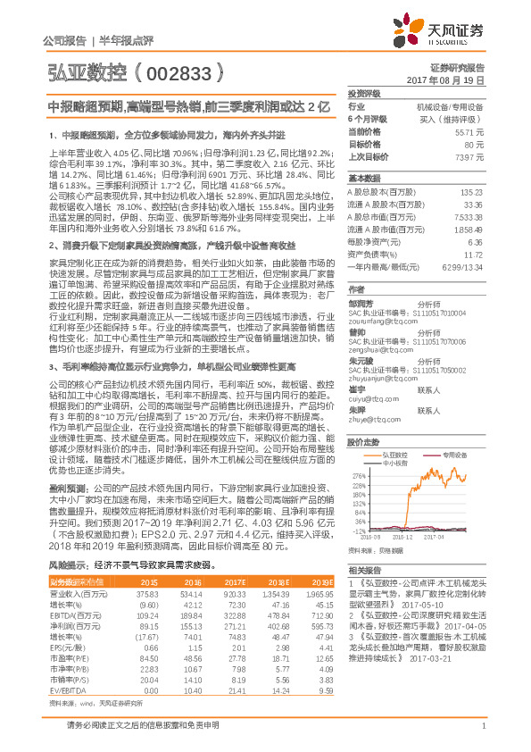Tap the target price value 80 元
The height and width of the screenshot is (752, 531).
[474, 143]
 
